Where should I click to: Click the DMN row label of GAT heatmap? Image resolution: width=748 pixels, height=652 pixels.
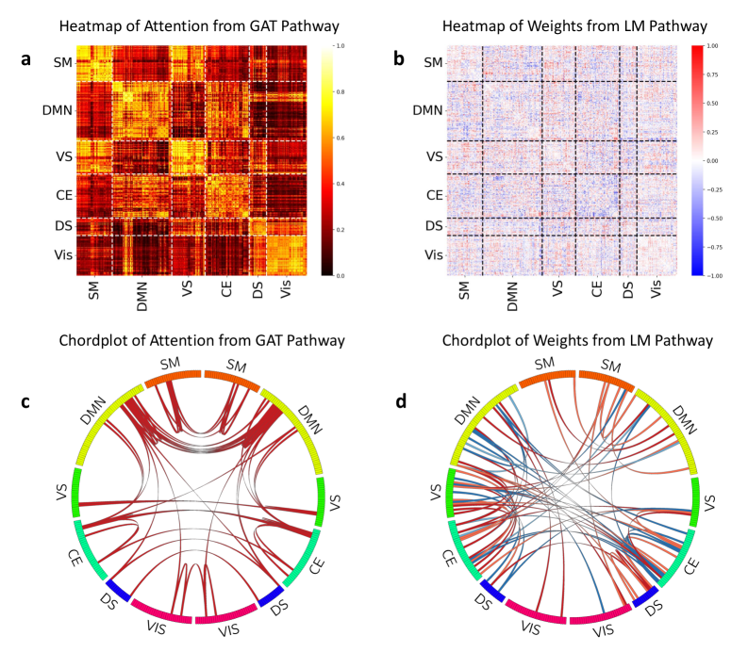[58, 111]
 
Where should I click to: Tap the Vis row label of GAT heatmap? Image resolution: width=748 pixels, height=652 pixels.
[61, 254]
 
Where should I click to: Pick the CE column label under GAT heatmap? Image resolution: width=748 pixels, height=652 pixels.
[227, 291]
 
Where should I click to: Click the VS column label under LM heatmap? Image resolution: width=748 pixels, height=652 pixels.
[557, 291]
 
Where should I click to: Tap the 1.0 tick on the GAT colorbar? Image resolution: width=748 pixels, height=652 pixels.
[341, 45]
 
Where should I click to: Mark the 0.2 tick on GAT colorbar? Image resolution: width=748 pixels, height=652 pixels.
[341, 229]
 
